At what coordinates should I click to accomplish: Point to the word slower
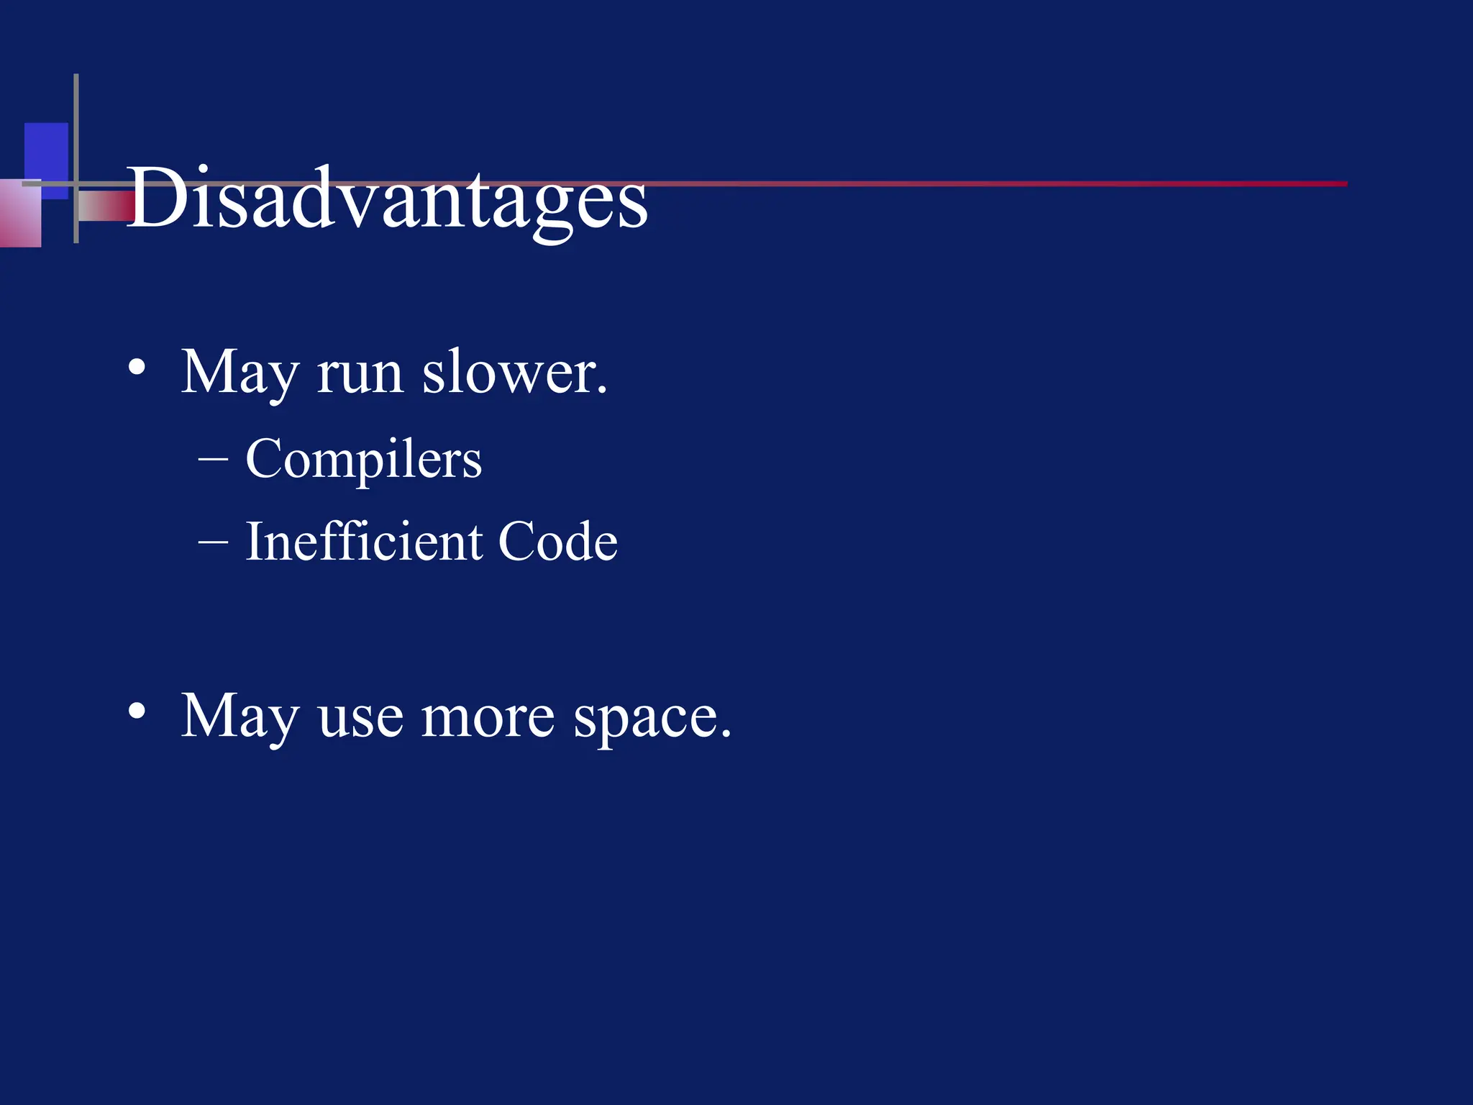tap(514, 373)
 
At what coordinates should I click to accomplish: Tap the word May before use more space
tap(240, 717)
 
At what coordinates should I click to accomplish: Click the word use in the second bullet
tap(360, 719)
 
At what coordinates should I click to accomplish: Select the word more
tap(487, 719)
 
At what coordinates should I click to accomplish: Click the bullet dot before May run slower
tap(137, 369)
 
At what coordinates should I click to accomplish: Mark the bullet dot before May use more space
tap(137, 711)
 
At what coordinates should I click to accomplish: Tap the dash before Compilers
tap(213, 459)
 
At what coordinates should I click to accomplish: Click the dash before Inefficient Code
tap(213, 542)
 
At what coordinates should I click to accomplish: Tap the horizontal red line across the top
tap(1007, 184)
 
